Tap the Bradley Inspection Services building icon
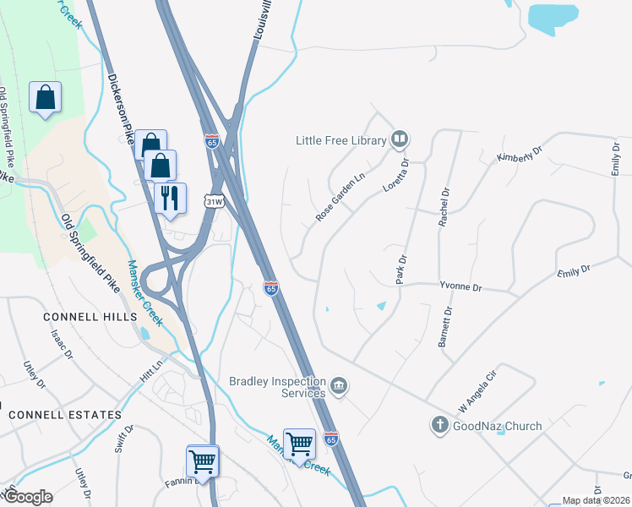[x=339, y=387]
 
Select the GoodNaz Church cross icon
[x=439, y=425]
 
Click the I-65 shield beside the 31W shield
[x=211, y=142]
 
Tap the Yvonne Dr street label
[x=460, y=287]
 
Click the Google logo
[x=27, y=496]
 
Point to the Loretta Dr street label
[x=396, y=175]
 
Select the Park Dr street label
[x=402, y=270]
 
